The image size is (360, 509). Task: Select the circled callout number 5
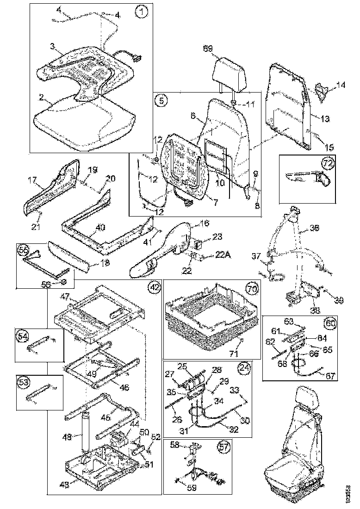[x=161, y=100]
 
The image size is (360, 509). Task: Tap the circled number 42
[x=154, y=287]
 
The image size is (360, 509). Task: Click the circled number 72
[x=328, y=162]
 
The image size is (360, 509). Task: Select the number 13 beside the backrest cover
[x=325, y=119]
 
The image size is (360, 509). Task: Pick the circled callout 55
[x=23, y=249]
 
